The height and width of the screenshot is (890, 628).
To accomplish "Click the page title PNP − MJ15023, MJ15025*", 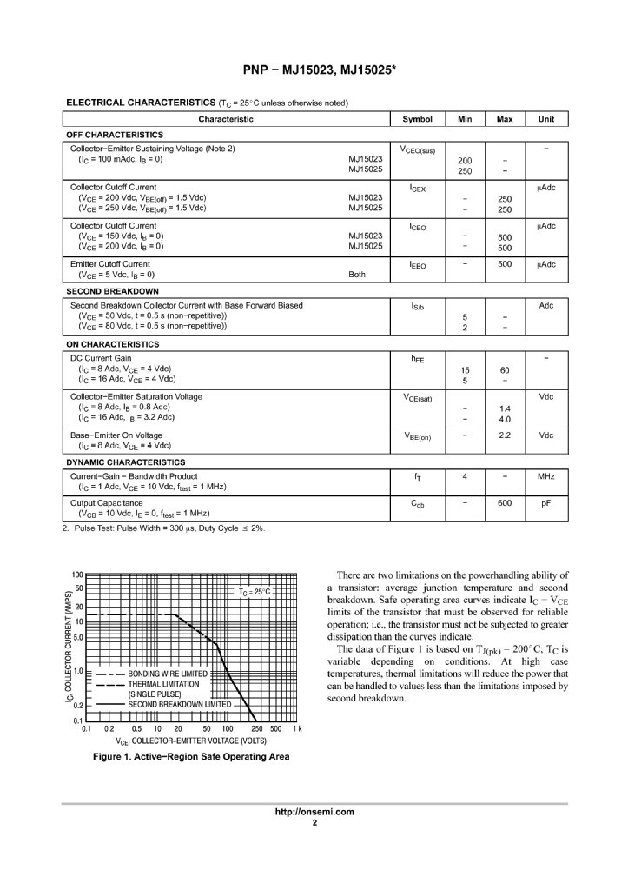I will coord(314,70).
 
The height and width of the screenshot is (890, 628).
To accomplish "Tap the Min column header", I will coord(464,119).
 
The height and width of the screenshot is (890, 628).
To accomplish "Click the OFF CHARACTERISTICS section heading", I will coord(115,135).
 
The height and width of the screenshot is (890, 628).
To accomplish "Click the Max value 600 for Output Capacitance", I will coord(505,502).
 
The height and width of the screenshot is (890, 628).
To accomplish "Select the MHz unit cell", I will coord(546,476).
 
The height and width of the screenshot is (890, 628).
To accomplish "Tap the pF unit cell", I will coord(546,502).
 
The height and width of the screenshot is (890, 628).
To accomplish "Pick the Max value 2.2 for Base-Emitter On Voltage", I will coord(505,435).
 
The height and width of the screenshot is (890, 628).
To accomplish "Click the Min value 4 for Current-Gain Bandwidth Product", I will coord(465,476).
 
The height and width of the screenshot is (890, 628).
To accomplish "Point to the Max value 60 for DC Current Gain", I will coord(505,370).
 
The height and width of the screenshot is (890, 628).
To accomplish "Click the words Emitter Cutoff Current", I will coord(109,264).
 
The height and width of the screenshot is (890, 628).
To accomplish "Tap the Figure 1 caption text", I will coord(191,756).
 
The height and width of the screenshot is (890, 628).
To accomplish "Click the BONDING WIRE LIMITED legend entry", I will coord(168,674).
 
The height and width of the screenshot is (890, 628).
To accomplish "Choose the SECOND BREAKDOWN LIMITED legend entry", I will coord(180,704).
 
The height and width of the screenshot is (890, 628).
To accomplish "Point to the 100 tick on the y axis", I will coord(77,575).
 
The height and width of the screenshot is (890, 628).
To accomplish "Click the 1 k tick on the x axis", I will coord(297,728).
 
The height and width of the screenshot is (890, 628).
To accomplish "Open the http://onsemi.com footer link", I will coord(314,812).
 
